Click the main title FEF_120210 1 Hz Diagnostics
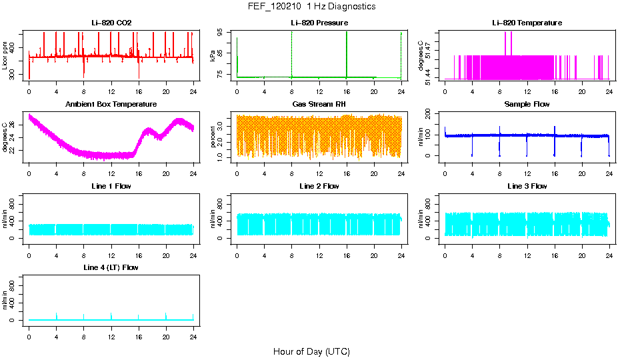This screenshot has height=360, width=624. click(311, 7)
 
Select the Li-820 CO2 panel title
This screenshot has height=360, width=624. click(111, 23)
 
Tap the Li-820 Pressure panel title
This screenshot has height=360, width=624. click(319, 23)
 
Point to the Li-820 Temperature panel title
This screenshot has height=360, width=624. click(527, 23)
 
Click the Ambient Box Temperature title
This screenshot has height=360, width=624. click(111, 105)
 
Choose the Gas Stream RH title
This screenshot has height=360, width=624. click(319, 105)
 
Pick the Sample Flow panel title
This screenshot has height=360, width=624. click(527, 105)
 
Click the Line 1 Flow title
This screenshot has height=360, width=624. click(111, 186)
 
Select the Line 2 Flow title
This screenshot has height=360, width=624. click(319, 186)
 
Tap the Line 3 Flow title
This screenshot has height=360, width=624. click(527, 186)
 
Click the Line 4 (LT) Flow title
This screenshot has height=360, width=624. click(111, 267)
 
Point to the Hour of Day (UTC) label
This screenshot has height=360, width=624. click(311, 351)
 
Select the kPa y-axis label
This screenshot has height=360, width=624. click(213, 55)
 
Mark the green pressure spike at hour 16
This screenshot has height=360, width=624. click(347, 53)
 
